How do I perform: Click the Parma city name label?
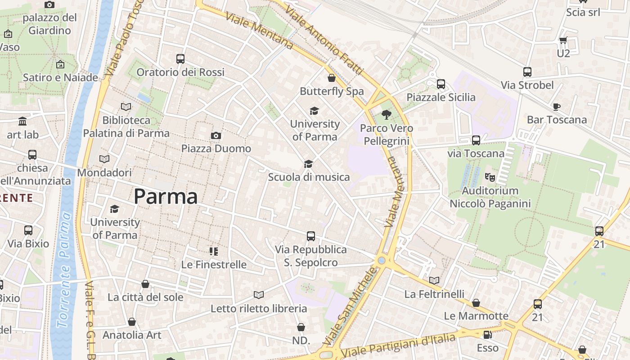click(x=166, y=197)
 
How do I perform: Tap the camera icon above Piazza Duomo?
click(x=216, y=135)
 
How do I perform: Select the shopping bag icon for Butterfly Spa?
click(x=332, y=78)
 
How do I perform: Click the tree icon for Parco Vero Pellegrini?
click(x=386, y=115)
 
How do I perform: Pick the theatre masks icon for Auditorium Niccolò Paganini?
click(x=490, y=177)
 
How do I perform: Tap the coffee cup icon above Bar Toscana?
click(x=557, y=107)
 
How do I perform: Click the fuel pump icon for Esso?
click(x=487, y=335)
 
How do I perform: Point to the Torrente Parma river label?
click(x=63, y=270)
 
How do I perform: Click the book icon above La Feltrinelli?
click(x=434, y=280)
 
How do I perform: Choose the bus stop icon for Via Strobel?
click(x=527, y=72)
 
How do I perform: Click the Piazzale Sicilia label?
click(x=441, y=97)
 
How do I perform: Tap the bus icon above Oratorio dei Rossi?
click(x=180, y=59)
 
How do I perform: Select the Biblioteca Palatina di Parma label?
click(x=126, y=126)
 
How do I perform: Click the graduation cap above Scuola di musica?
click(x=308, y=164)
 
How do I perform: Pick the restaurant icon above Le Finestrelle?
click(x=214, y=251)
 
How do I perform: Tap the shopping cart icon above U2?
click(x=563, y=40)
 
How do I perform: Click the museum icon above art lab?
click(x=22, y=121)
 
